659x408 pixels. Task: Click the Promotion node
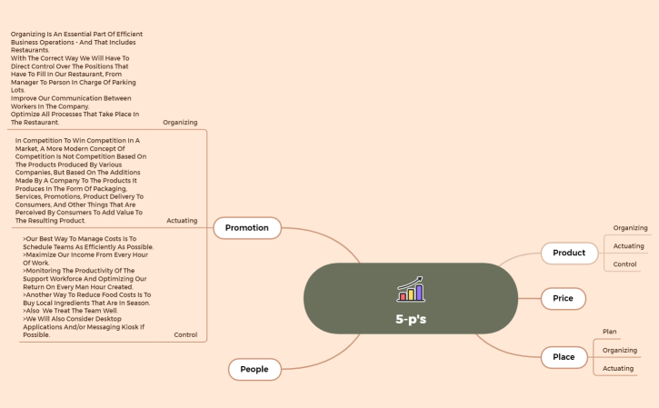247,228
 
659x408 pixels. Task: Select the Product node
569,253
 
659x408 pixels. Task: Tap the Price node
564,298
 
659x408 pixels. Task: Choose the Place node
564,357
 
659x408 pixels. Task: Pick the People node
255,369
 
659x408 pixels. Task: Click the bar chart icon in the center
411,289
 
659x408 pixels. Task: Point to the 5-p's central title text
411,319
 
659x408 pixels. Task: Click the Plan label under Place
609,332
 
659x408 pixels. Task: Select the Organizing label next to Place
620,350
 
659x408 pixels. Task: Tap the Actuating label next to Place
618,369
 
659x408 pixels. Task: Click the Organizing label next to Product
630,228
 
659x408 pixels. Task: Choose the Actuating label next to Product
628,246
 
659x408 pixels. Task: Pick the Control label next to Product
624,264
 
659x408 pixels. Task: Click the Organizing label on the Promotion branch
180,123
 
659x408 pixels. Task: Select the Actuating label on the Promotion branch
182,221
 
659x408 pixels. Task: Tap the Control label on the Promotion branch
185,335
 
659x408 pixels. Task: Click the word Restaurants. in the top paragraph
30,50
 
